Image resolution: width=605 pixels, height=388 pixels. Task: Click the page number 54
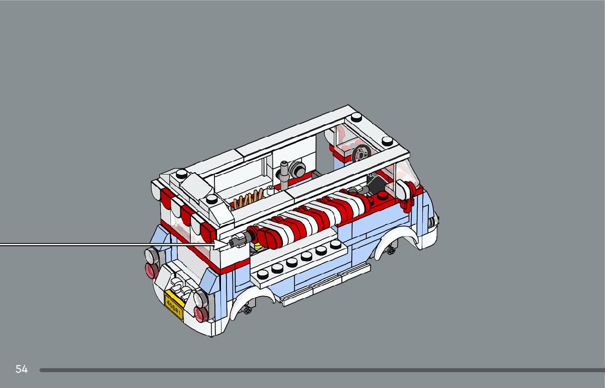[x=22, y=369]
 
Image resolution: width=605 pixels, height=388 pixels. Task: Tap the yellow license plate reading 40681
[x=173, y=305]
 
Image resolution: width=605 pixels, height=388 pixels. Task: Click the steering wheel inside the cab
[x=362, y=154]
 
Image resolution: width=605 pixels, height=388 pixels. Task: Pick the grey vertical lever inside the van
[x=285, y=175]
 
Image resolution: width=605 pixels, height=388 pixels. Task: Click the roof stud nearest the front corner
[x=387, y=141]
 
